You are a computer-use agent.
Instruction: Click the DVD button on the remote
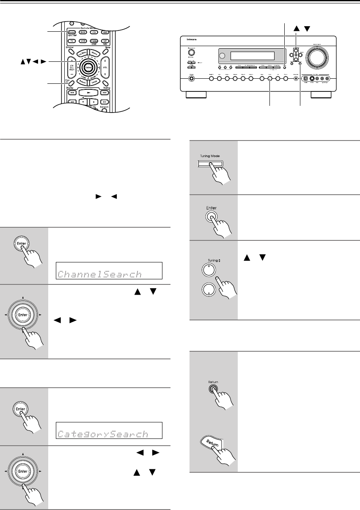tap(83, 32)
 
